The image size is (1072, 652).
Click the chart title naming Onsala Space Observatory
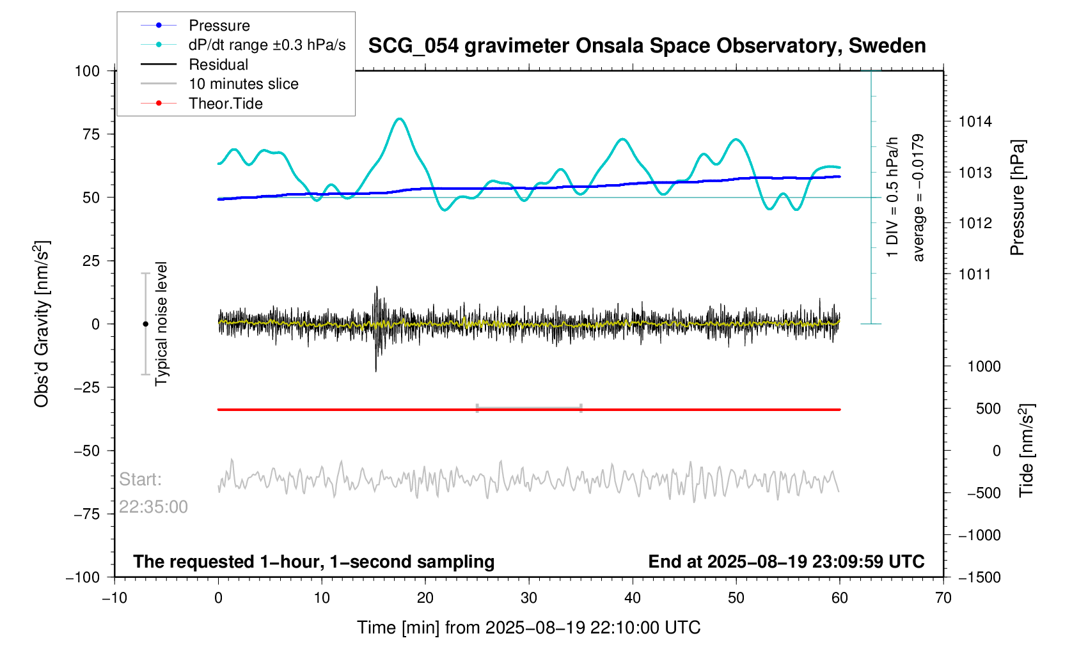point(647,46)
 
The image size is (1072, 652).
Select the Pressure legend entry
point(219,26)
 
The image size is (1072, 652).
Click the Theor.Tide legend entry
point(225,104)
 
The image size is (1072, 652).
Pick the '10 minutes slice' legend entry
point(243,84)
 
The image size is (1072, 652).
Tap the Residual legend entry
point(218,65)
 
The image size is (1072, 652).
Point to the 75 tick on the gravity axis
point(88,134)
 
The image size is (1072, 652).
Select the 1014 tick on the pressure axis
point(975,122)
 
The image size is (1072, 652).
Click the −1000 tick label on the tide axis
point(979,535)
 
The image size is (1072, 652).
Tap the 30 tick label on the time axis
point(528,598)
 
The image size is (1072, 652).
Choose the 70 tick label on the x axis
point(943,598)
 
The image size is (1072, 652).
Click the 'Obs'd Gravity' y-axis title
point(42,324)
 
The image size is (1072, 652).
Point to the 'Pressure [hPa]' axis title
point(1018,198)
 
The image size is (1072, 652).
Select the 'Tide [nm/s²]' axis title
point(1027,451)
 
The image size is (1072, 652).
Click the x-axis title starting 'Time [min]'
point(528,628)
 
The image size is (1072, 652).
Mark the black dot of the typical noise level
point(145,324)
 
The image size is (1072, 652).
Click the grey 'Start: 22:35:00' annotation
point(153,493)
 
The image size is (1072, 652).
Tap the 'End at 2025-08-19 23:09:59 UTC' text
point(786,562)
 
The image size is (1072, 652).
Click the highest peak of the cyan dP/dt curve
point(400,119)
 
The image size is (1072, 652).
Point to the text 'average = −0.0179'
point(918,198)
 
